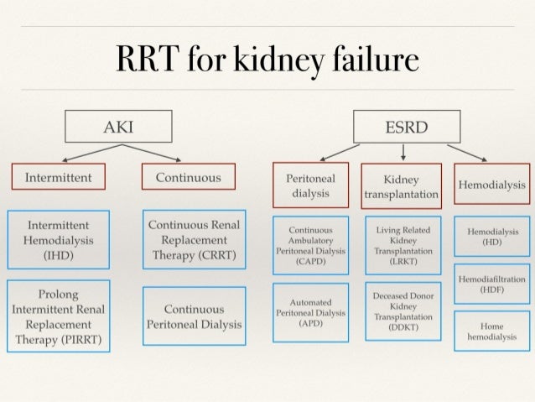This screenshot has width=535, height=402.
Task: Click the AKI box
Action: tap(118, 128)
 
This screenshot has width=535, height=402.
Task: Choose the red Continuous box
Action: tap(189, 178)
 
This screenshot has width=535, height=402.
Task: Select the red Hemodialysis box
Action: tap(491, 185)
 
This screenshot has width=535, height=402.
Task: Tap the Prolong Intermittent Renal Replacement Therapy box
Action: tap(59, 315)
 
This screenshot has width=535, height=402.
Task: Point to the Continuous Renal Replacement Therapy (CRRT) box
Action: tap(194, 240)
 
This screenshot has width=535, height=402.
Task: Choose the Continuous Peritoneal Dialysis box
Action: tap(194, 316)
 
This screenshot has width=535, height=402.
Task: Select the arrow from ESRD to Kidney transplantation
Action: tap(403, 150)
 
